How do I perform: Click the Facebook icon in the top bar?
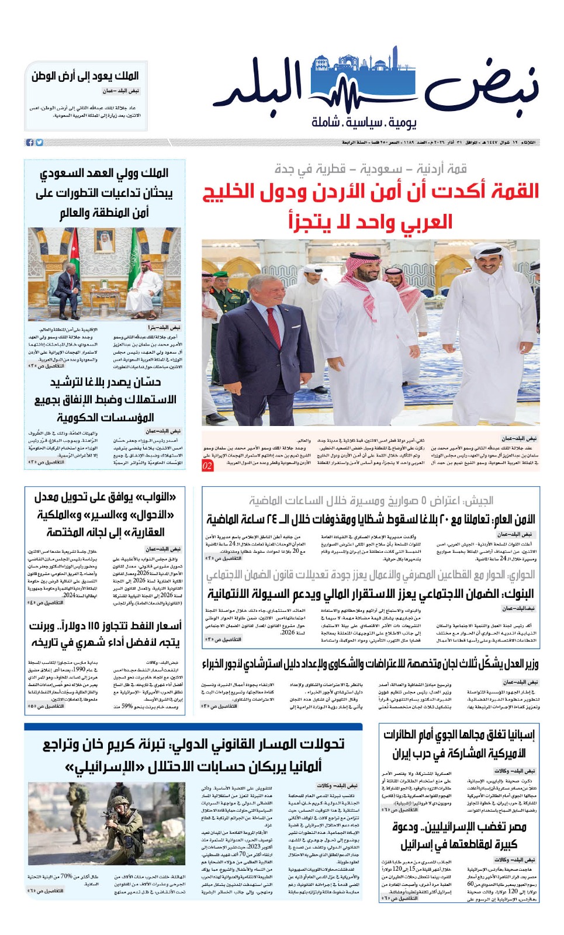(29, 143)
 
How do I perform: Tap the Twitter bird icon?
(39, 143)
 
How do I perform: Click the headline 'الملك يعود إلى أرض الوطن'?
(85, 76)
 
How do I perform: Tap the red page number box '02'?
(207, 465)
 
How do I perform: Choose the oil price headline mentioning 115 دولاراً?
(105, 633)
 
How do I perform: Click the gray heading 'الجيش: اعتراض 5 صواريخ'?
(371, 500)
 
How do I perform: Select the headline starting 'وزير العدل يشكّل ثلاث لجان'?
(371, 664)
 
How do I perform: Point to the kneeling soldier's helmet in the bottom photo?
(119, 801)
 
